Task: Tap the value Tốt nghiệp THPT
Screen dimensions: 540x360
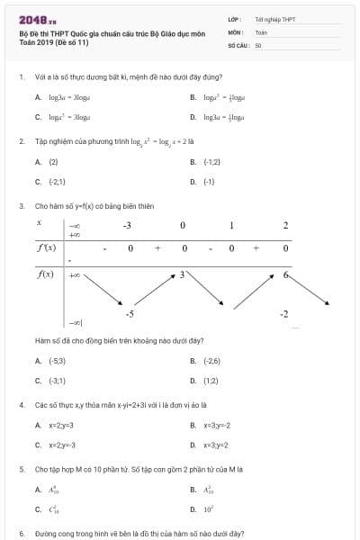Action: click(274, 18)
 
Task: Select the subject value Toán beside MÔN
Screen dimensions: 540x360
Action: click(261, 31)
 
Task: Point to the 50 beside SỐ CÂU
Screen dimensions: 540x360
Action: click(258, 43)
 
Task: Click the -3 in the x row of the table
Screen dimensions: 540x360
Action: click(127, 224)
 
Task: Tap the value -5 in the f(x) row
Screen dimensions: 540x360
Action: click(130, 313)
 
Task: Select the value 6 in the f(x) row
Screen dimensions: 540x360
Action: click(285, 274)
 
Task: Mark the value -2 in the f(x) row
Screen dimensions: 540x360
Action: click(284, 313)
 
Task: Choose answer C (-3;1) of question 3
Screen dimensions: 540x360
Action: click(57, 381)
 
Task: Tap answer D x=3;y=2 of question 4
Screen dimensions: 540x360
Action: click(217, 445)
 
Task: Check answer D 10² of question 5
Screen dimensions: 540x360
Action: click(209, 509)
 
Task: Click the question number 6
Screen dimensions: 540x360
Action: click(21, 533)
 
